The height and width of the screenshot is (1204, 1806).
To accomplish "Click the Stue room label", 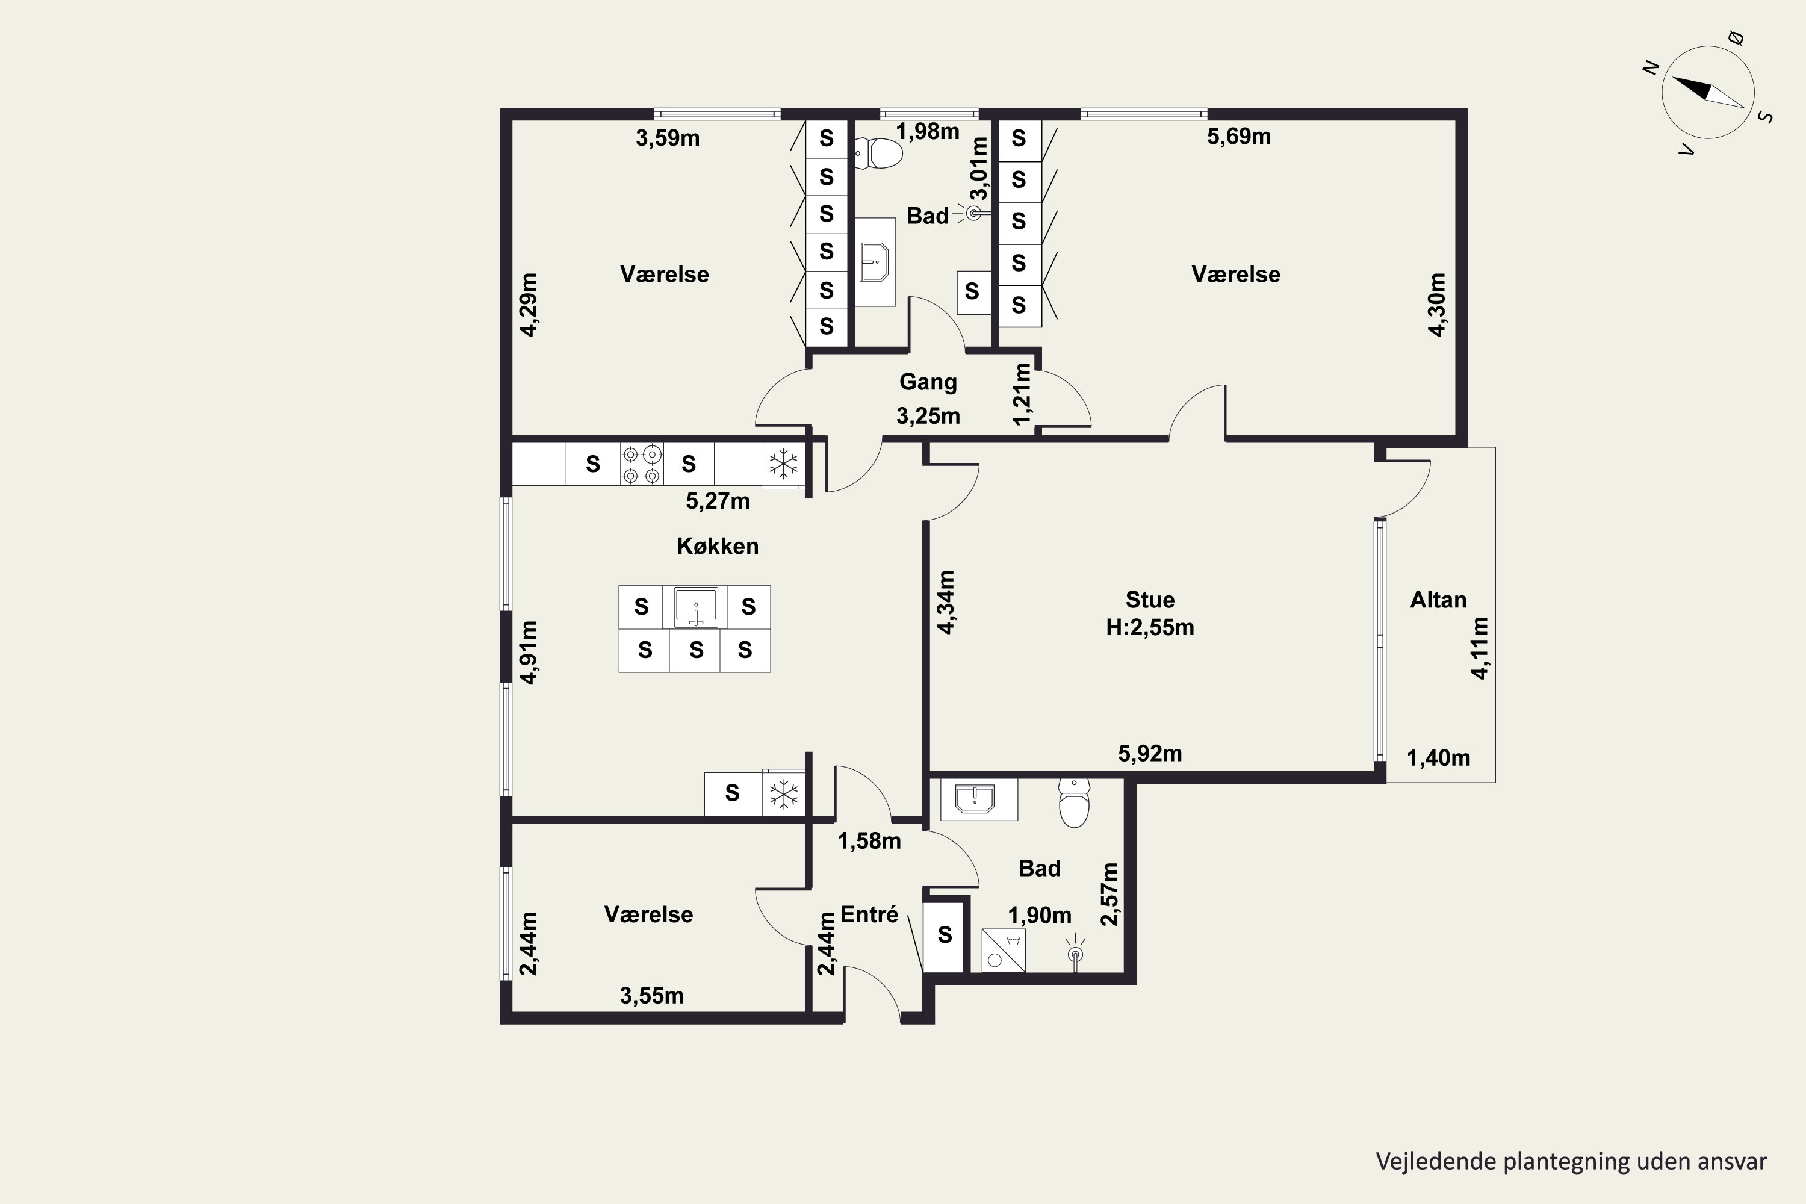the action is point(1149,600).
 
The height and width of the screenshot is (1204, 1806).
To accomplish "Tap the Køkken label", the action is point(717,546).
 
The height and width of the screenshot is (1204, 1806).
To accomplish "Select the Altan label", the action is point(1438,600).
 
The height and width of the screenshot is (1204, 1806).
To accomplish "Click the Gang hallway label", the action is point(928,382).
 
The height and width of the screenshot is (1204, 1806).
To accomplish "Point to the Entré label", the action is point(869,914).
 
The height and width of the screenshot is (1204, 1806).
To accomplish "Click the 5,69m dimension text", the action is point(1238,137).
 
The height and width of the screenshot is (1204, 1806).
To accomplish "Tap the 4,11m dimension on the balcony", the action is point(1480,648).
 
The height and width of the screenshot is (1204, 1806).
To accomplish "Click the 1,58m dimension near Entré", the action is point(869,842).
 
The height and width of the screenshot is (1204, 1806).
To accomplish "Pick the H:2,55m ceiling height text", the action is point(1149,627).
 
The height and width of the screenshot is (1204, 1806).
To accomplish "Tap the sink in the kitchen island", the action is point(696,607).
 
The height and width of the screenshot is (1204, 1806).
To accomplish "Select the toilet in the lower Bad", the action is point(1073,803).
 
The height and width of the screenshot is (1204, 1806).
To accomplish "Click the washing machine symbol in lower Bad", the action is point(1004,951).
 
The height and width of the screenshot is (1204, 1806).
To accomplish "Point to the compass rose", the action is point(1708,92).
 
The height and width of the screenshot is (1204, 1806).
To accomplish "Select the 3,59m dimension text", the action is point(667,138).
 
